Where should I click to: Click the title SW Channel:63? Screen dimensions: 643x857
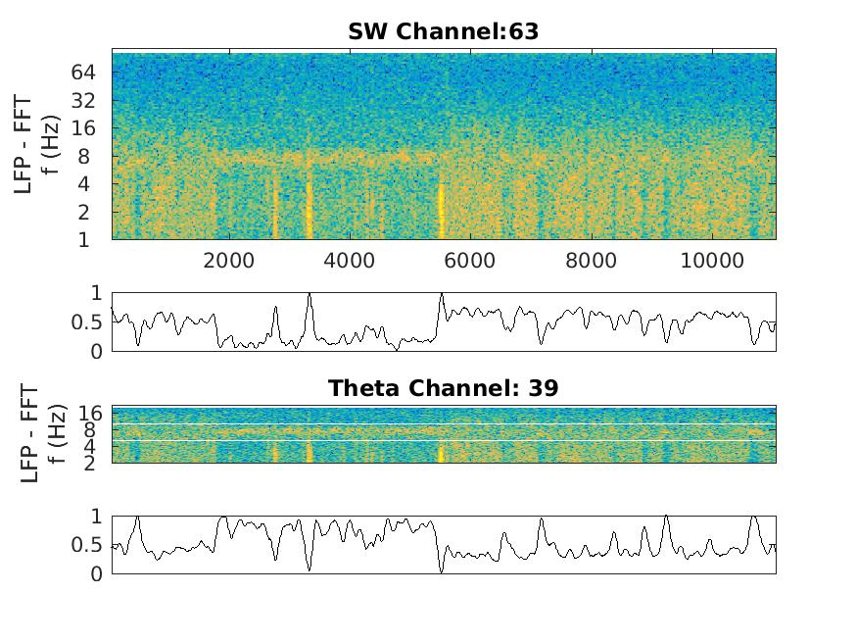click(x=443, y=32)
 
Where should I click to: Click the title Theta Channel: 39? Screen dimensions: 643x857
click(x=443, y=388)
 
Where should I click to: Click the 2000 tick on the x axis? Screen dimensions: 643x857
click(x=228, y=259)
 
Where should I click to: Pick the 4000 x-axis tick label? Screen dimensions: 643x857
click(x=350, y=259)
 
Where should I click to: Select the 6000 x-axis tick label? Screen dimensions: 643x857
click(x=470, y=259)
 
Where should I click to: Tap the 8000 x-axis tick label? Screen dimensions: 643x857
click(x=592, y=259)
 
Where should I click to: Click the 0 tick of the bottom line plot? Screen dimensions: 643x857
click(x=97, y=574)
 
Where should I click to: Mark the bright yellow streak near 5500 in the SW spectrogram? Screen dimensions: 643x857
click(x=441, y=211)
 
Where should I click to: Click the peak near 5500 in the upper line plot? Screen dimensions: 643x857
click(x=442, y=294)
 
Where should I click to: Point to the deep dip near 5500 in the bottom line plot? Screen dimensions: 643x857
click(x=442, y=570)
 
